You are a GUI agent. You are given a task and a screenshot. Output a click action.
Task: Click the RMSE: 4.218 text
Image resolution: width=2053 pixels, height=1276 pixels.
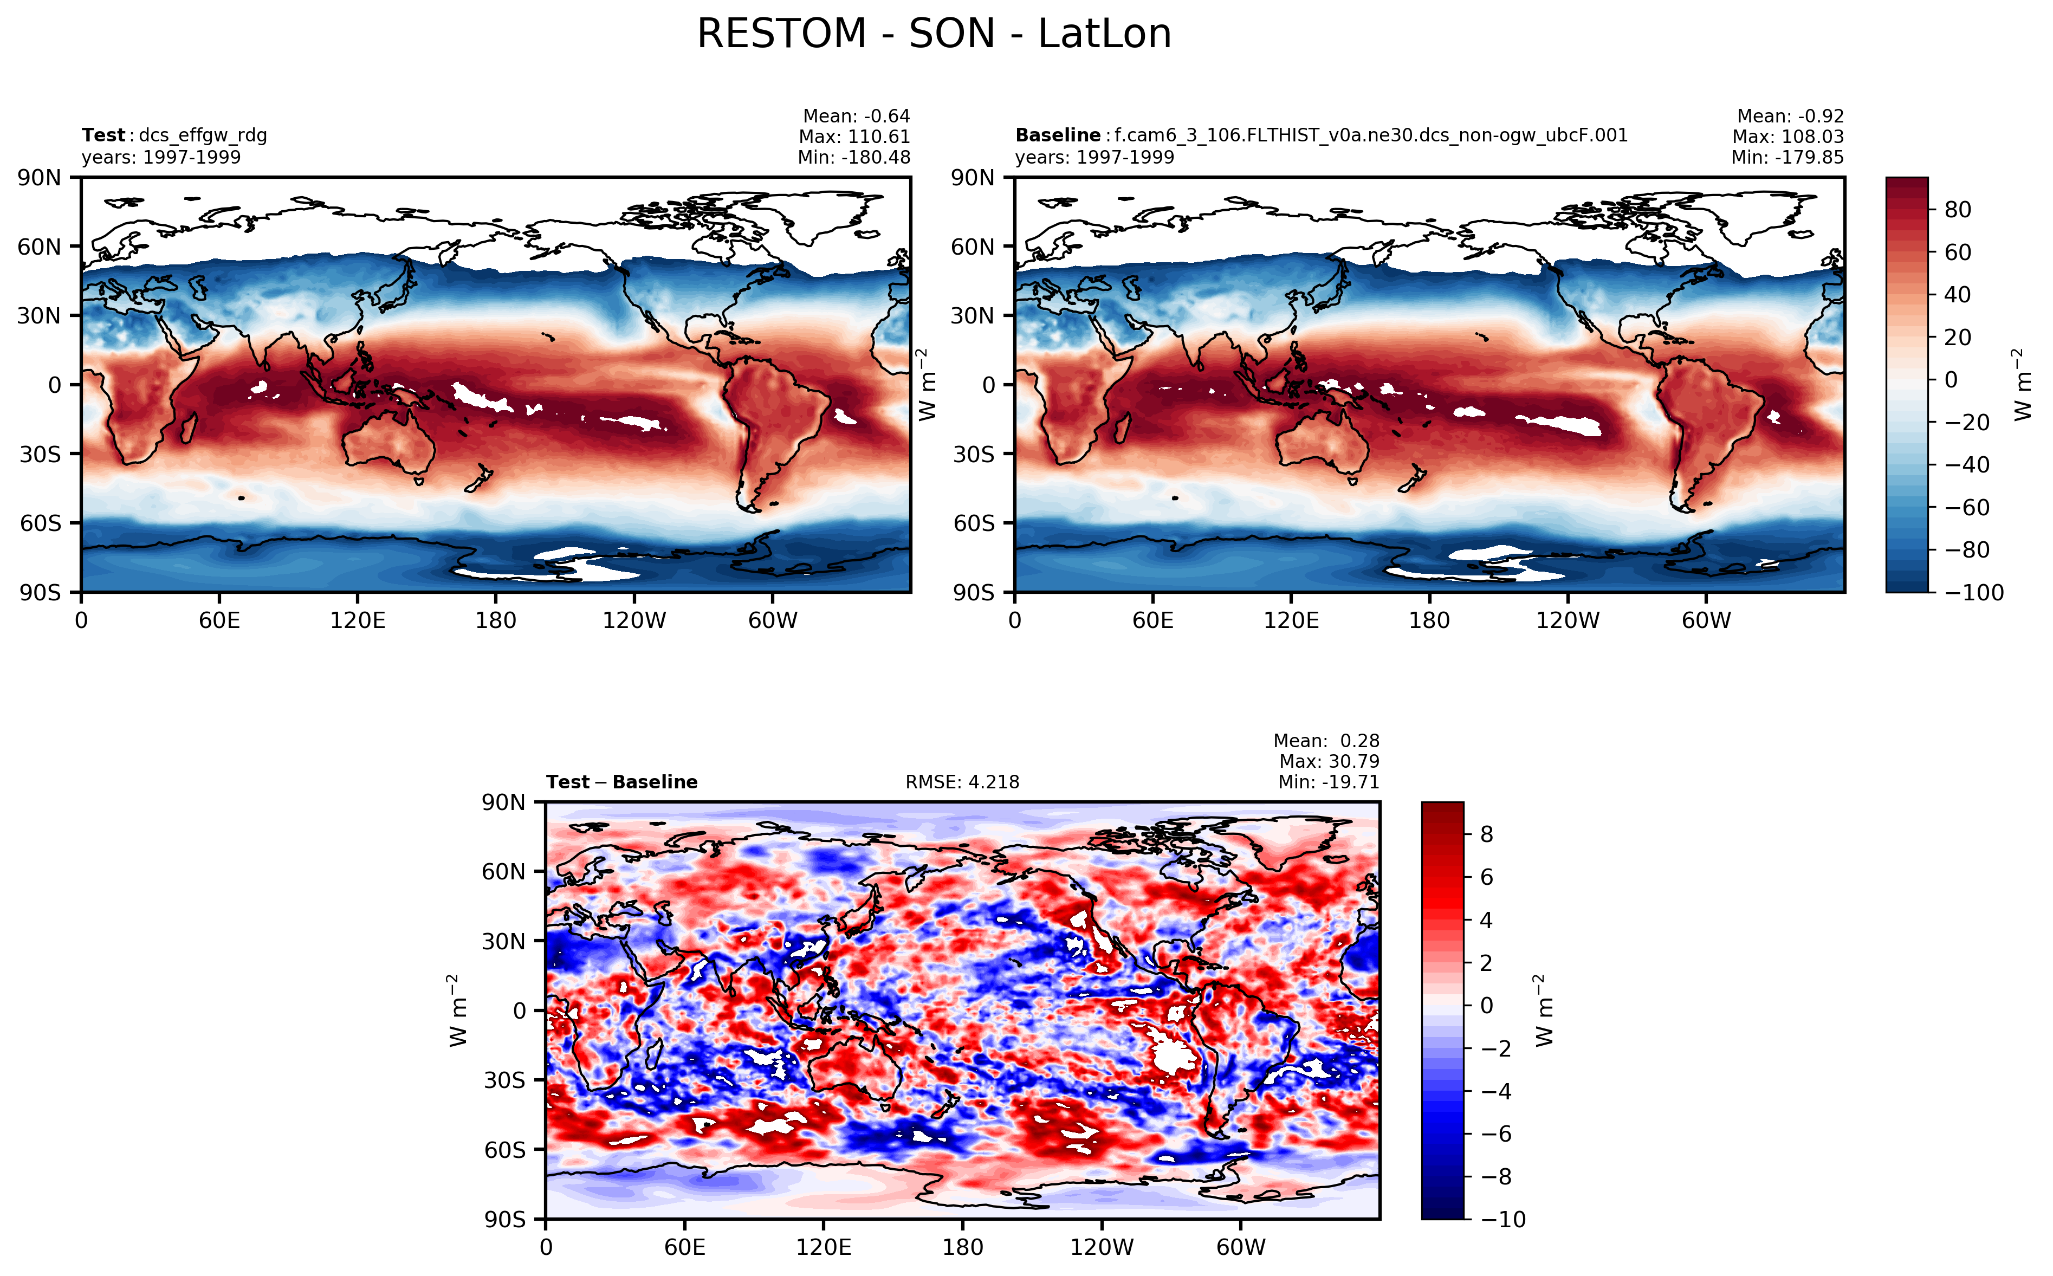pyautogui.click(x=962, y=782)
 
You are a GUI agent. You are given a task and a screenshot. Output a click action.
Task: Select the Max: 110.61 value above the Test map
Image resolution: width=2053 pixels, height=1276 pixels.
pyautogui.click(x=854, y=137)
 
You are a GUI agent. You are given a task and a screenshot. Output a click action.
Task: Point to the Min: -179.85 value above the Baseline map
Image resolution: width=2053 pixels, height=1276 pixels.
pyautogui.click(x=1787, y=157)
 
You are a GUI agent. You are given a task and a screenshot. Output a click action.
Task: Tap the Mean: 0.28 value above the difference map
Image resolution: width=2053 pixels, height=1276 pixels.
pyautogui.click(x=1326, y=741)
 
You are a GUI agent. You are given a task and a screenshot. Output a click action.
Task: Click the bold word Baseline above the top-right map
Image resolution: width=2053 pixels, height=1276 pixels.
pyautogui.click(x=1057, y=135)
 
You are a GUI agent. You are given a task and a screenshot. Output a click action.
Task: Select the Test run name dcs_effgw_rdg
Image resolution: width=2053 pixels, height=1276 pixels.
pyautogui.click(x=203, y=135)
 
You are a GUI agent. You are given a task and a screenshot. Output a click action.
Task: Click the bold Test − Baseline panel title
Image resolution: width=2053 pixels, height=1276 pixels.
pyautogui.click(x=622, y=782)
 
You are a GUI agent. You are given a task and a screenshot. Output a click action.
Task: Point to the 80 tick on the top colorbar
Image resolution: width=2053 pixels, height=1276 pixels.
pyautogui.click(x=1958, y=209)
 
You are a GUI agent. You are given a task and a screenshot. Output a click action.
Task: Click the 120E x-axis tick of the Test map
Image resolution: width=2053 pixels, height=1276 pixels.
pyautogui.click(x=358, y=621)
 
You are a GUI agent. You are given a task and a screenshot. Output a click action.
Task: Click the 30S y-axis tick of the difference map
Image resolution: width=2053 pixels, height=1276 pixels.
pyautogui.click(x=504, y=1081)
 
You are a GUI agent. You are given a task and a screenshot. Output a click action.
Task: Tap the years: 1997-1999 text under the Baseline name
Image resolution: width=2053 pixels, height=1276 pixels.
pyautogui.click(x=1094, y=158)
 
